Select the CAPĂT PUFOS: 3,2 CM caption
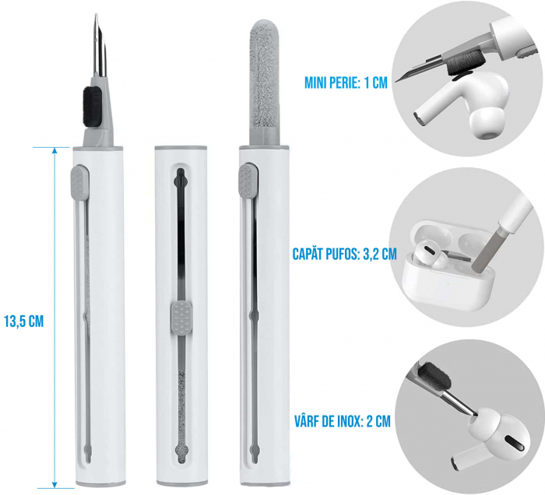tap(345, 254)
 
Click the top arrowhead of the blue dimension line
tap(54, 150)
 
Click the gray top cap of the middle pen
tap(181, 147)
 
